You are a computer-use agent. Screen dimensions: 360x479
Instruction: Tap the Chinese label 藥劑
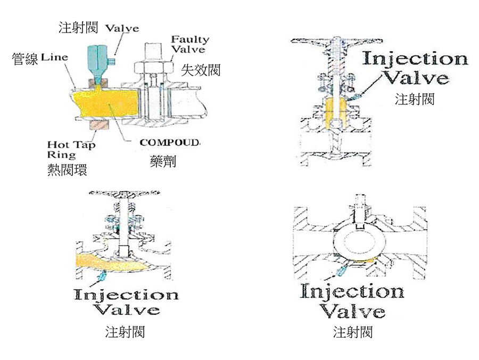point(163,162)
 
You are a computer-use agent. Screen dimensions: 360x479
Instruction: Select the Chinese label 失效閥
point(201,69)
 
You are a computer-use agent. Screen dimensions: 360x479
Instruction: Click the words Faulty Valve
point(189,45)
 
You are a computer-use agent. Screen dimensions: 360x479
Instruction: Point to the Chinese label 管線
point(24,59)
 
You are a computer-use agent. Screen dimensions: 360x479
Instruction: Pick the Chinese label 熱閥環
point(67,170)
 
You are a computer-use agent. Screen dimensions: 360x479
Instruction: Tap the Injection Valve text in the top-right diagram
point(415,68)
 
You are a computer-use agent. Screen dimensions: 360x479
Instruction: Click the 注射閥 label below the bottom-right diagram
point(353,332)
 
